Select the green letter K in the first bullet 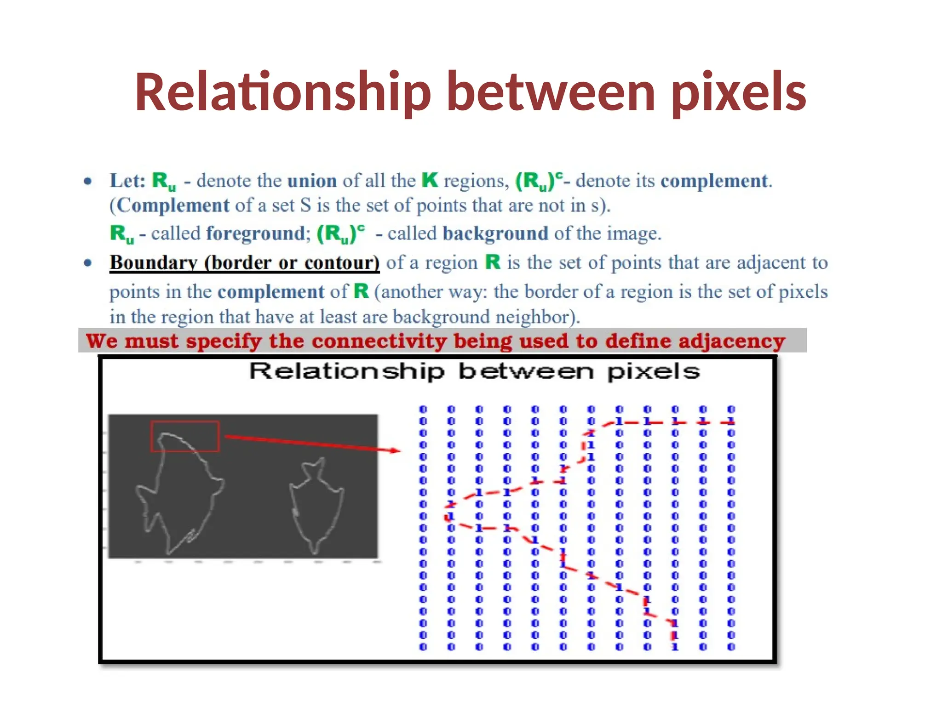pos(430,180)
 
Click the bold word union pos(312,181)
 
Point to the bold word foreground pos(255,233)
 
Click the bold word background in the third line pos(495,233)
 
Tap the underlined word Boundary pos(154,263)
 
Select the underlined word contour pos(342,263)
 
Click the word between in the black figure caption pos(526,371)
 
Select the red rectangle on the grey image pos(185,436)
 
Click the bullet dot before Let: pos(88,181)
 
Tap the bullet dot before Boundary pos(88,263)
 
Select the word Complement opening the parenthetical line pos(172,205)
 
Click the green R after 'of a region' pos(493,262)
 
